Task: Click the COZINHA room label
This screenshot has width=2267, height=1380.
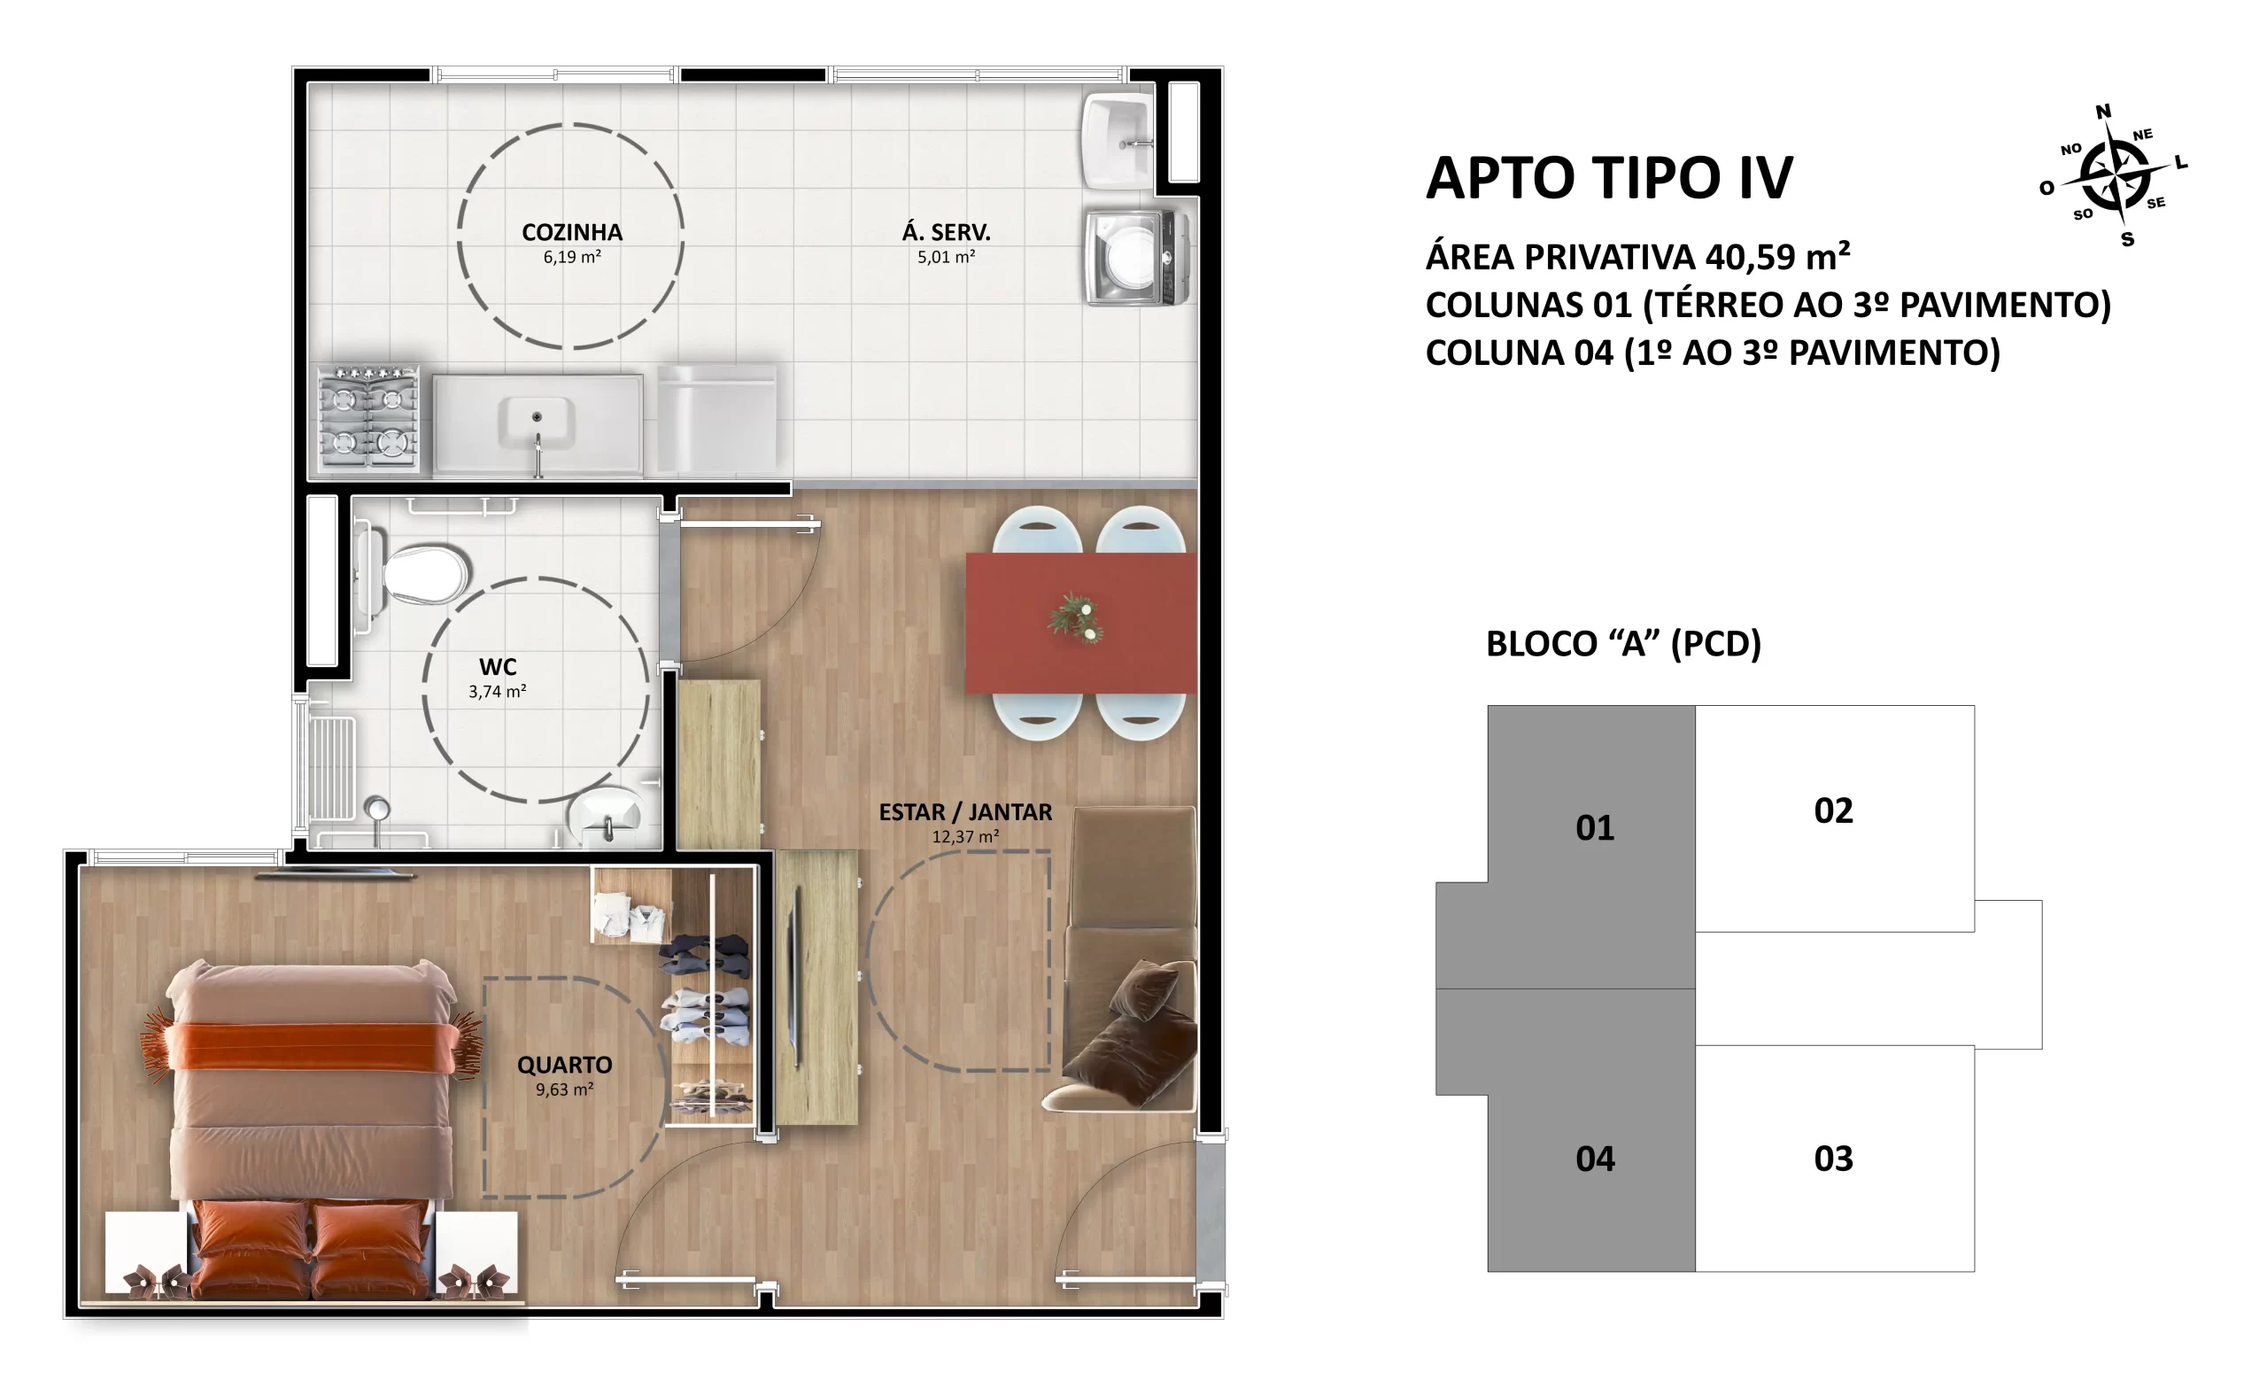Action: coord(571,233)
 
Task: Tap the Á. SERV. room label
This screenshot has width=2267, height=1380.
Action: coord(946,232)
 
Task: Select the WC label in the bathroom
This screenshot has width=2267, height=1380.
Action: coord(498,667)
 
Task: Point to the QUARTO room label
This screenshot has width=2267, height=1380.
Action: coord(564,1066)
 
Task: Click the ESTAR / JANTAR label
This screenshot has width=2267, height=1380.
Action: coord(965,812)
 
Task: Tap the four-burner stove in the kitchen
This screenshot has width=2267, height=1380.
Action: coord(368,419)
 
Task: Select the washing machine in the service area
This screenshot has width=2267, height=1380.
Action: coord(1137,258)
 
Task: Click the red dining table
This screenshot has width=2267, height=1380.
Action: coord(1081,623)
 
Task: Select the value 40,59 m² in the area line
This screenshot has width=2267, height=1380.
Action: coord(1777,257)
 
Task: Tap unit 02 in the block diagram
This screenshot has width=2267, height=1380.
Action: coord(1834,810)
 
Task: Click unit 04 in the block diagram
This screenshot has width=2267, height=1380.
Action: coord(1595,1159)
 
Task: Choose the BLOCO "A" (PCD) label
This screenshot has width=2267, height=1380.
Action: coord(1623,643)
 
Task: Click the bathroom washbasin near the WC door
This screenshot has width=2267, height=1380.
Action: coord(605,815)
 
